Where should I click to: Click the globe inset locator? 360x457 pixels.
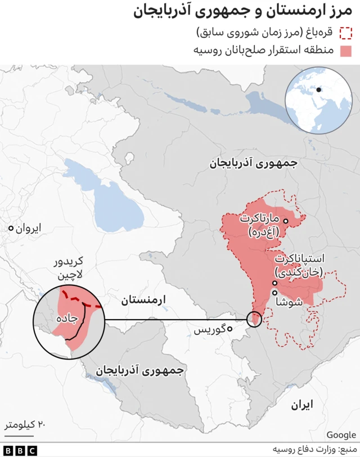coord(318,100)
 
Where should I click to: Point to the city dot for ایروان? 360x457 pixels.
coord(11,228)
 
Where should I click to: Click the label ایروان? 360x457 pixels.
coord(28,228)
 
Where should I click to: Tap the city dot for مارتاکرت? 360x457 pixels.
coord(286,221)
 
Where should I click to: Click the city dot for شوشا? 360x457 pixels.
coord(275,293)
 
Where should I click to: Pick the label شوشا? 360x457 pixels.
coord(290,301)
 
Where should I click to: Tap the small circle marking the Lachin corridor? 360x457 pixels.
coord(254,320)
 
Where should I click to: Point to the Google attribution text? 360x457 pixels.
coord(341,434)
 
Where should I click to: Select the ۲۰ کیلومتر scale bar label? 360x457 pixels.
coord(25,423)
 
